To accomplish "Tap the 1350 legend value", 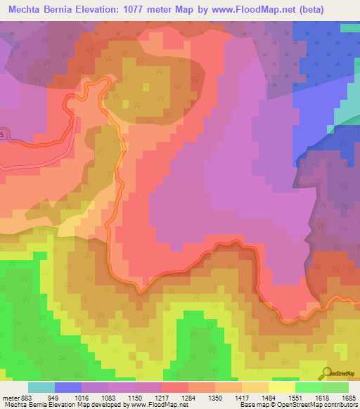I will tap(226, 397).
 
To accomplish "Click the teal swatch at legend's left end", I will tap(41, 387).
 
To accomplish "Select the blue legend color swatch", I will tap(68, 387).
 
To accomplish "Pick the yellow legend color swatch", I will tap(282, 387).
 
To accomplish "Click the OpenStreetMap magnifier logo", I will tap(326, 373).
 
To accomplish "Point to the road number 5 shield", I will tap(2, 134).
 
